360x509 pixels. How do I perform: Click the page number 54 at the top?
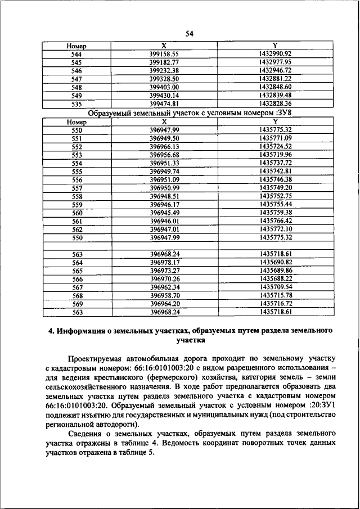(x=189, y=34)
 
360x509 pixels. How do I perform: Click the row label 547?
(x=77, y=79)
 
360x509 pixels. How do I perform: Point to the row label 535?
(x=77, y=104)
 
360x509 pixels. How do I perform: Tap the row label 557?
(x=77, y=188)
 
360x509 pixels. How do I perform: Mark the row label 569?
(x=77, y=304)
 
